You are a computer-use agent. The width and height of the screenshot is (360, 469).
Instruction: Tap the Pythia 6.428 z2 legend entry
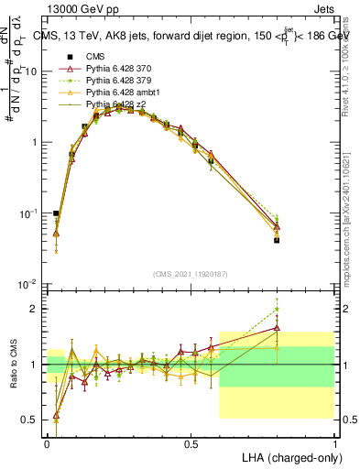pyautogui.click(x=114, y=105)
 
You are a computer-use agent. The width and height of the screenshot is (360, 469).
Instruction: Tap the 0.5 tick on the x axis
pyautogui.click(x=191, y=443)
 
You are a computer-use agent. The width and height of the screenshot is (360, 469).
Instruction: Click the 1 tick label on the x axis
pyautogui.click(x=334, y=443)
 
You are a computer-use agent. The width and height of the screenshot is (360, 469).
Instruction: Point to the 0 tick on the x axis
pyautogui.click(x=48, y=443)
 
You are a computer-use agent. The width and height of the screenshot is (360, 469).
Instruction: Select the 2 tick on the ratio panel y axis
pyautogui.click(x=36, y=309)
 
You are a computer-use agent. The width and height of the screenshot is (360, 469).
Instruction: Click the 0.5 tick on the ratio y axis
pyautogui.click(x=32, y=420)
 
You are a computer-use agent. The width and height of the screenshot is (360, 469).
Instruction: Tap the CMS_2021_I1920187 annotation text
pyautogui.click(x=191, y=275)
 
